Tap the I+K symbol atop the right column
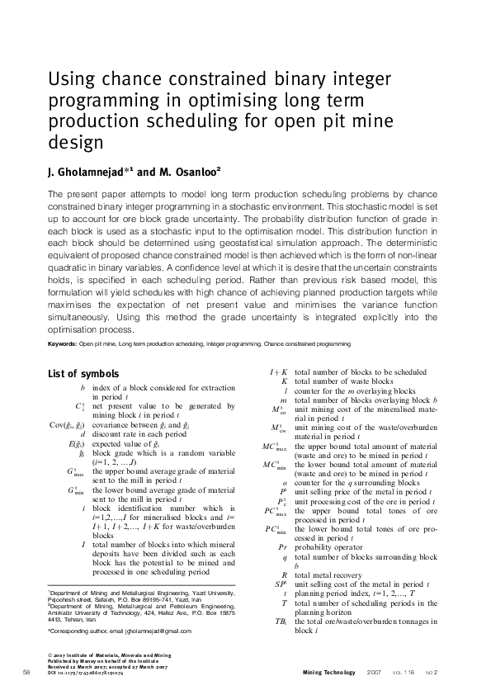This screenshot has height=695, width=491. click(x=278, y=372)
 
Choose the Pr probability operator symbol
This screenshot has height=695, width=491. click(x=281, y=546)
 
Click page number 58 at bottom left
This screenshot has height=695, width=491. click(x=27, y=673)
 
